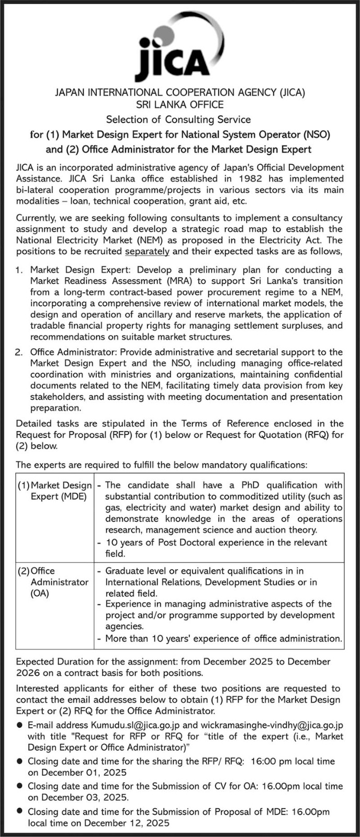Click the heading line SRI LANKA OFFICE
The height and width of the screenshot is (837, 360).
coord(179,105)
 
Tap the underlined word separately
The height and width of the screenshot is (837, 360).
coord(147,251)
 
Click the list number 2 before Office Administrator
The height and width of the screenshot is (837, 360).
coord(19,352)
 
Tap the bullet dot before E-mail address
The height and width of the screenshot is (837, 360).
coord(19,725)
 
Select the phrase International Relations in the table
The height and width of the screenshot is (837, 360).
coord(149,582)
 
